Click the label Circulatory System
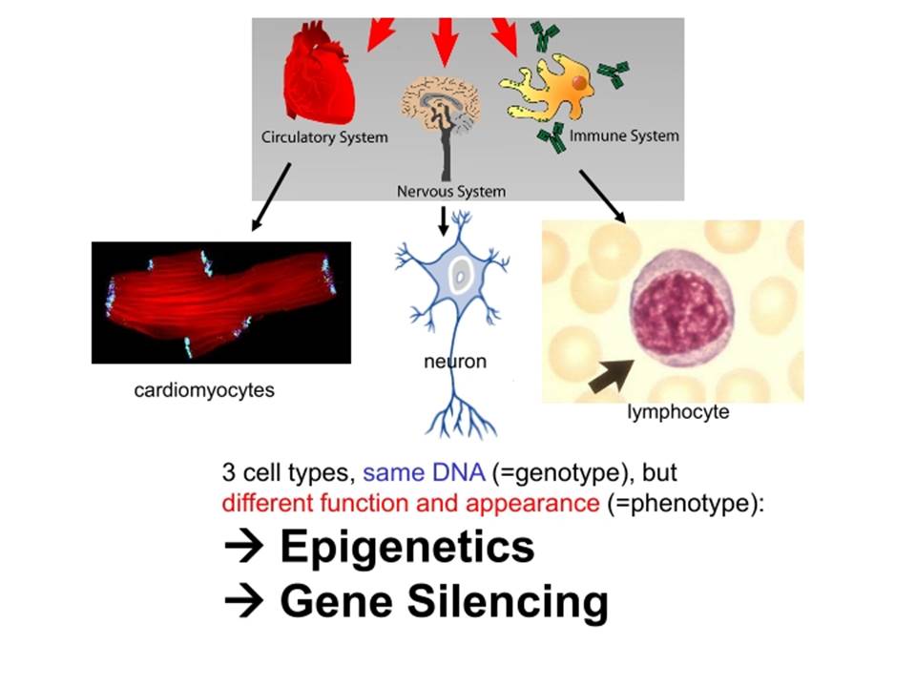coord(324,137)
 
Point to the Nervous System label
coord(451,192)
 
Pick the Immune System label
coord(624,136)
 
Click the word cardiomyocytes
coord(204,390)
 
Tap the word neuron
coord(455,362)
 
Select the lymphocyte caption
coord(677,412)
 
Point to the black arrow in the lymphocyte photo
coord(611,376)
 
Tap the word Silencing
coord(508,601)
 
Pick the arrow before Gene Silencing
coord(243,602)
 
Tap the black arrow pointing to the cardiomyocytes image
coord(271,197)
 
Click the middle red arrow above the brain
coord(446,42)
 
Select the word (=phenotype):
coord(685,503)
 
